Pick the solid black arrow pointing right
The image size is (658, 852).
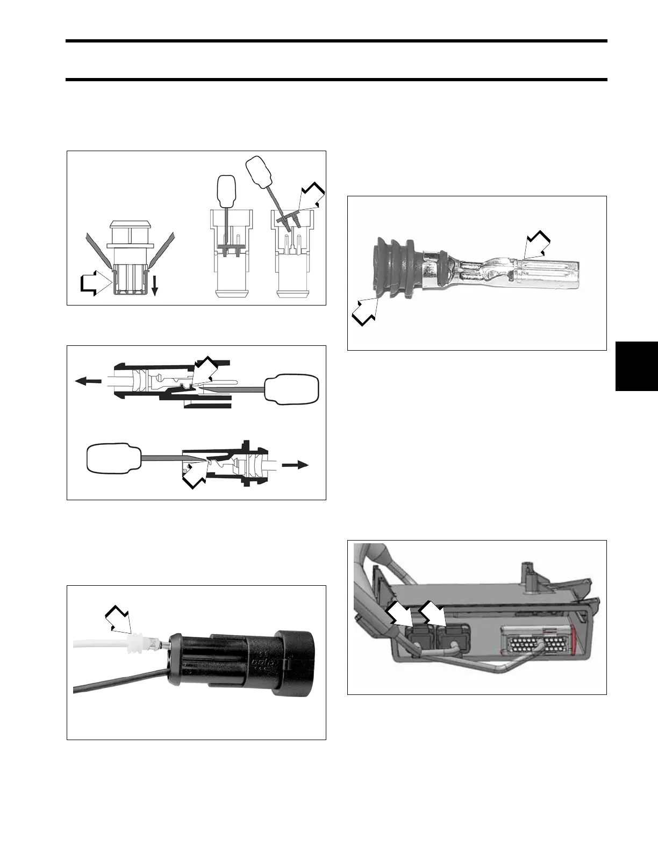click(x=296, y=465)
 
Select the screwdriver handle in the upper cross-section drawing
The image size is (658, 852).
click(x=291, y=387)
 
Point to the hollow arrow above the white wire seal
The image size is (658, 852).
click(x=119, y=618)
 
